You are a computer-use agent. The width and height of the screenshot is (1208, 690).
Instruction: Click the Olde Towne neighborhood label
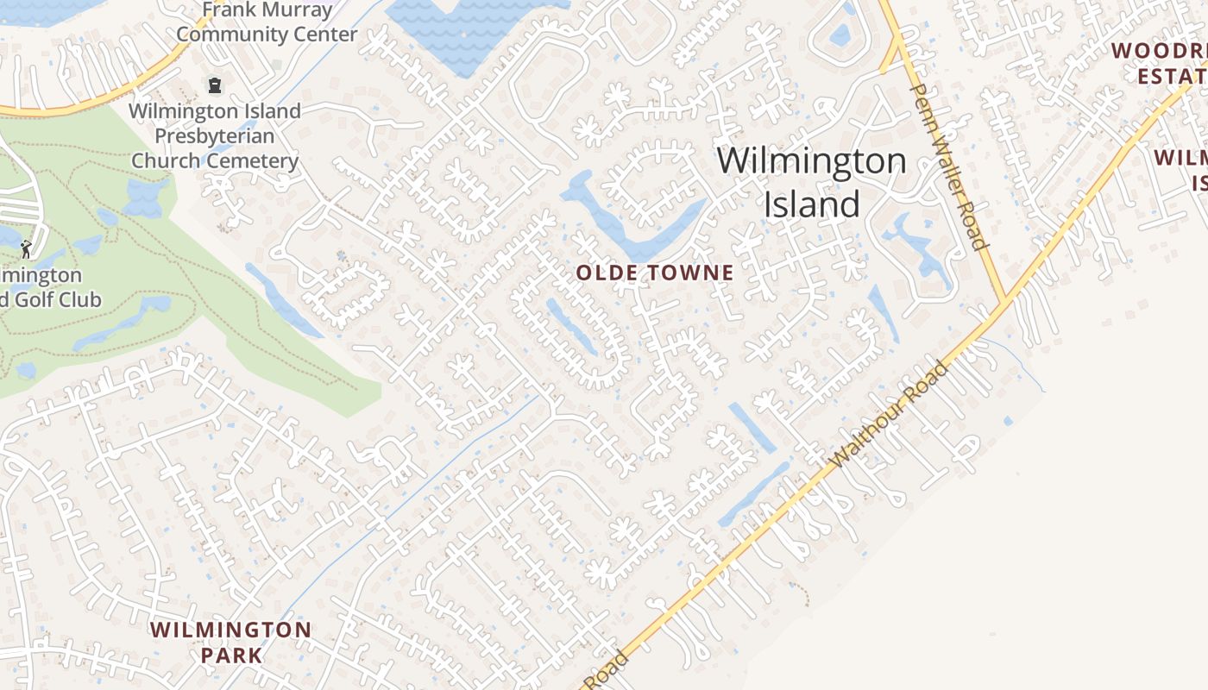click(x=655, y=273)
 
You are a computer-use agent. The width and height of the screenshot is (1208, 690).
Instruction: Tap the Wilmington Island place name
click(x=811, y=182)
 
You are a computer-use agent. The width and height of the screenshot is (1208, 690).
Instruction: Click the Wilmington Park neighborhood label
click(x=230, y=642)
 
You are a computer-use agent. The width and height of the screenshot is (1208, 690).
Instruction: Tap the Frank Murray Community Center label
click(x=267, y=22)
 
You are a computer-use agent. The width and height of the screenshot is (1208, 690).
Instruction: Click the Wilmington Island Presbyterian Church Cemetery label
click(x=215, y=135)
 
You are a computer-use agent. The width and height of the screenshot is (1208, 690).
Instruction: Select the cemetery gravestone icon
click(x=214, y=85)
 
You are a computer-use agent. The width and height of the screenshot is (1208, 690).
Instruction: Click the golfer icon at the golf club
click(x=25, y=249)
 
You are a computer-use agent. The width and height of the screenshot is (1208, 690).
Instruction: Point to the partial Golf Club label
click(x=50, y=288)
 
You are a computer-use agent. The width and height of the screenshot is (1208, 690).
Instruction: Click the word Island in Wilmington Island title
click(x=811, y=204)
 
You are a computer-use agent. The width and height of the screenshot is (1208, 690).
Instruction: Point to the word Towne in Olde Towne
click(x=692, y=273)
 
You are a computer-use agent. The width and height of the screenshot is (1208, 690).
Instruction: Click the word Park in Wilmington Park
click(x=230, y=655)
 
